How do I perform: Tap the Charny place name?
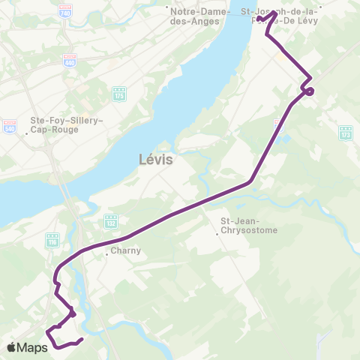125,251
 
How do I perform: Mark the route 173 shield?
345,133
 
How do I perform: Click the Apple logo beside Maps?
13,347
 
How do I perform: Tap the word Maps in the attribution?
33,347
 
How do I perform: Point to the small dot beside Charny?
106,253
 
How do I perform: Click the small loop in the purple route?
308,91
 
